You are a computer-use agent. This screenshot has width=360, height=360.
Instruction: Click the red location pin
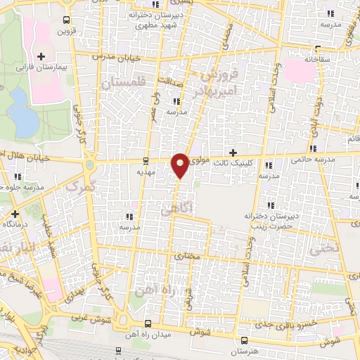tap(181, 165)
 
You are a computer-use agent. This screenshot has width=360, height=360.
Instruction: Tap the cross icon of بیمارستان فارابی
tap(41, 56)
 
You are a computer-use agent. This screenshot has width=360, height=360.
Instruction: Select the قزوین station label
tap(66, 32)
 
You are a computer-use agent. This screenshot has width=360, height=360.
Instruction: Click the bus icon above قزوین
tap(66, 20)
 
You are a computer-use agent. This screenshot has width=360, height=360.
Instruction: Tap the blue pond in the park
tap(25, 120)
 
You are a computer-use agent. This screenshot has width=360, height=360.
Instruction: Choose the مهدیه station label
tap(146, 171)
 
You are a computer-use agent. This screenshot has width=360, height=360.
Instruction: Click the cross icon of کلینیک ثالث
tap(233, 153)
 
